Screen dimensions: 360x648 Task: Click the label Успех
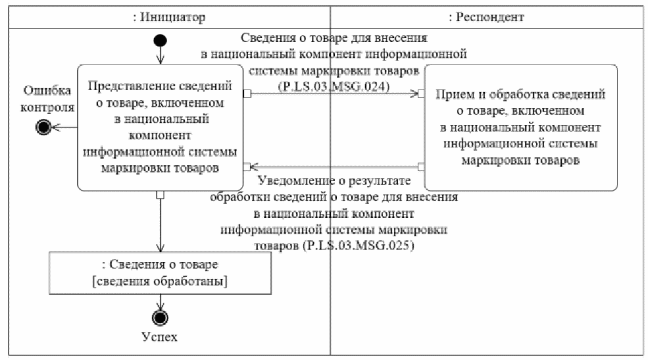[160, 337]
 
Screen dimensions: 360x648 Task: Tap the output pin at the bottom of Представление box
[160, 195]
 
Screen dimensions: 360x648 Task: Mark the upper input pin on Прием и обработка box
[421, 94]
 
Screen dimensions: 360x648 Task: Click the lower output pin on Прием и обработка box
[421, 167]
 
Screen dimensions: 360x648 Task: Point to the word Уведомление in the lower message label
[293, 181]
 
